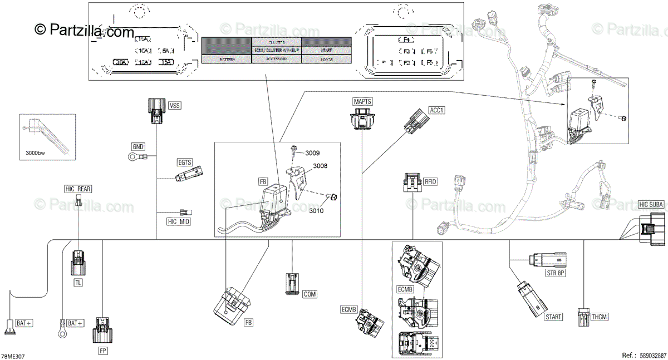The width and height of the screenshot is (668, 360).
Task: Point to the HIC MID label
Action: tap(179, 221)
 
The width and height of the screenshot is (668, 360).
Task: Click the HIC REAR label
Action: tap(77, 189)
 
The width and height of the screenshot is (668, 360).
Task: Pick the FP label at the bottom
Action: tap(103, 351)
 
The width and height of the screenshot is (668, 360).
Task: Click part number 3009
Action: tap(312, 152)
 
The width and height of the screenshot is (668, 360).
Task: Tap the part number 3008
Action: tap(320, 166)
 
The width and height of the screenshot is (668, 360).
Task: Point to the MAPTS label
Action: tap(362, 101)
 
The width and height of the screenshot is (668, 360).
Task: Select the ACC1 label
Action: tap(437, 110)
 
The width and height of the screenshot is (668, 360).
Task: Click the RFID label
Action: tap(431, 180)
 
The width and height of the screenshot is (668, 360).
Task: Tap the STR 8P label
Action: tap(555, 273)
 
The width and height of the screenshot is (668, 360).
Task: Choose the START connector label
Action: tap(553, 317)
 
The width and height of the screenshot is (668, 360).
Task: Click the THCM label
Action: tap(600, 317)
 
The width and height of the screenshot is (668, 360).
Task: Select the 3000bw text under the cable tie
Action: tap(36, 152)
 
